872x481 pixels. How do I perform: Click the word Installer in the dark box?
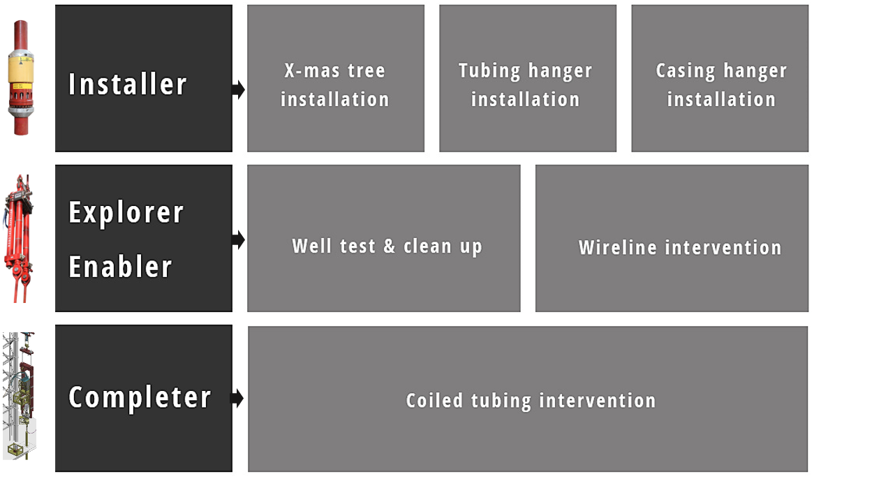[128, 84]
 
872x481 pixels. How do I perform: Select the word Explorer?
[126, 213]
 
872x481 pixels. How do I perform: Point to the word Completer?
[140, 398]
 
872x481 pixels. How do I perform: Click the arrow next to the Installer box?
[238, 90]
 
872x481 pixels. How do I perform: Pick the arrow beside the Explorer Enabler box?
[238, 239]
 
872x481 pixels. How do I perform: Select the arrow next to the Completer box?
[237, 398]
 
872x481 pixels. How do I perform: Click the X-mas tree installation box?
[336, 78]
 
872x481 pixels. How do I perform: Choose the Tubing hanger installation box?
[528, 78]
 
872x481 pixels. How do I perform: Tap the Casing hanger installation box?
[720, 78]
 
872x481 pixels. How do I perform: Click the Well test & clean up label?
[387, 246]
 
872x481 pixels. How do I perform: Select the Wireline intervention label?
[680, 248]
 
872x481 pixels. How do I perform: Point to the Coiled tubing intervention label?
[531, 401]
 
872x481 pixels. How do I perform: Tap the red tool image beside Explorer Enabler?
[18, 239]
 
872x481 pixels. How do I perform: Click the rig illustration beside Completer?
[19, 396]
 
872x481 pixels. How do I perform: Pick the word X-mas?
[312, 71]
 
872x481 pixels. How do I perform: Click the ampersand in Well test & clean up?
[390, 246]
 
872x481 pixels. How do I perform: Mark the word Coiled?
[434, 401]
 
